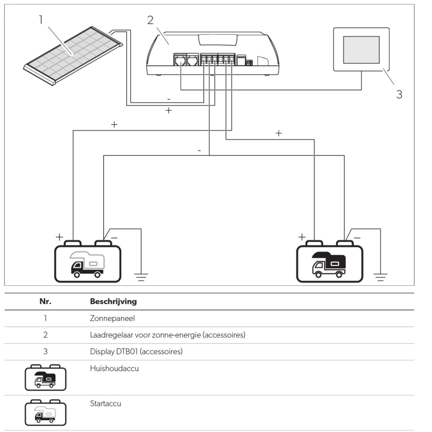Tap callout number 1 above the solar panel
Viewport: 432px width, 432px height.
[x=41, y=19]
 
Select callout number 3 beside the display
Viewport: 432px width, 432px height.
[x=399, y=94]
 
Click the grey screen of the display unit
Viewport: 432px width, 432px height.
[x=361, y=50]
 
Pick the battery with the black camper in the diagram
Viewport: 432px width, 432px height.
[x=329, y=262]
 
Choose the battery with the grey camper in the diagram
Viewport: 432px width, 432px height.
[x=88, y=262]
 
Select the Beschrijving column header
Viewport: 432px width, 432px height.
[x=113, y=302]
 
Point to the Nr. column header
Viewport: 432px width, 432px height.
[x=45, y=302]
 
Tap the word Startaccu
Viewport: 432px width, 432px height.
[x=105, y=404]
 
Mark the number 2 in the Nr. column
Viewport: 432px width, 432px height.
[x=45, y=335]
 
